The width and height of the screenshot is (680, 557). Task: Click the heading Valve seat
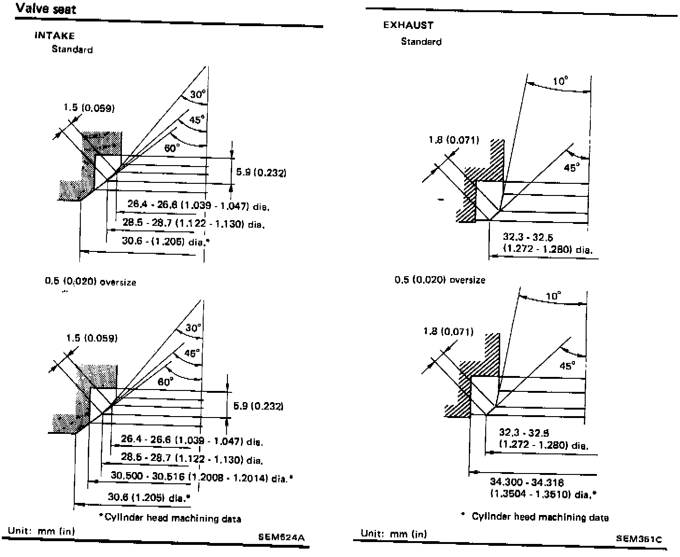tap(46, 9)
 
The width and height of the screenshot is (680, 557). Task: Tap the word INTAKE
tap(55, 35)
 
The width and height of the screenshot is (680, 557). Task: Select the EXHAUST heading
tap(408, 25)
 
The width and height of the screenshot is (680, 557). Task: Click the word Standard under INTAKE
tap(72, 49)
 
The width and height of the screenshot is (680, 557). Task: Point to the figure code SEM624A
tap(281, 536)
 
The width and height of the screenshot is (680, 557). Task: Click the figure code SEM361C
tap(639, 538)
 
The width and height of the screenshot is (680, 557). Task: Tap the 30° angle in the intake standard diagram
tap(198, 95)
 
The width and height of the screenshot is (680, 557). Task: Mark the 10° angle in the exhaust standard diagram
tap(560, 81)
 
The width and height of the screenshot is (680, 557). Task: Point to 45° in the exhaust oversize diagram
tap(567, 366)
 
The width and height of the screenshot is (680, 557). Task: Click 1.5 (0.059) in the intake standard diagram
tap(89, 108)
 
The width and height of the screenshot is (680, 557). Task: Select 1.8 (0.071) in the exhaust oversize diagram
tap(448, 332)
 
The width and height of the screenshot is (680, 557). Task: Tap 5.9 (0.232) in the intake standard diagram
tap(261, 173)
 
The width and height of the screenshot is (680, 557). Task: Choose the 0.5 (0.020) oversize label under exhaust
tap(439, 280)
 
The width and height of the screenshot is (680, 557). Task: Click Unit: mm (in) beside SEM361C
tap(394, 534)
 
